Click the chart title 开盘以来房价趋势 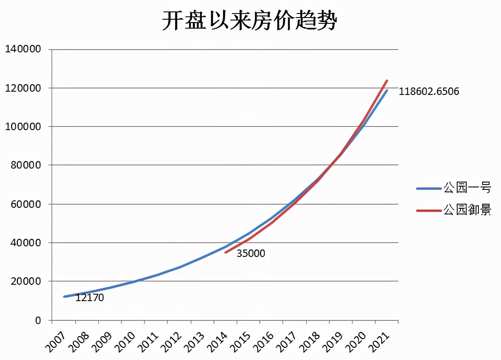point(249,21)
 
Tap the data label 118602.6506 point(429,92)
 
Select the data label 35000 point(251,254)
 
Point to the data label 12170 point(90,298)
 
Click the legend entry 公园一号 point(467,188)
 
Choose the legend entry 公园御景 point(467,210)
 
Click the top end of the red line point(387,81)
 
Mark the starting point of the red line point(226,252)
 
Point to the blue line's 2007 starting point point(64,297)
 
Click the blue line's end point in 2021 point(387,90)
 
